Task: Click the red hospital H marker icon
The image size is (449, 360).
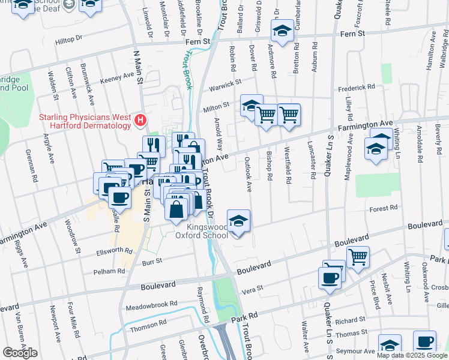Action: pyautogui.click(x=140, y=121)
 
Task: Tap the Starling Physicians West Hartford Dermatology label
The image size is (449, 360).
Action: pyautogui.click(x=85, y=121)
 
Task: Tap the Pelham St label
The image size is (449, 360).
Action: pyautogui.click(x=109, y=271)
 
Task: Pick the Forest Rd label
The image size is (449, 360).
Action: pyautogui.click(x=384, y=208)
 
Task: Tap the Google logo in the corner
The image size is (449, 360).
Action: pyautogui.click(x=20, y=353)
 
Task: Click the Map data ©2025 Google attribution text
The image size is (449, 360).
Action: pyautogui.click(x=412, y=355)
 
